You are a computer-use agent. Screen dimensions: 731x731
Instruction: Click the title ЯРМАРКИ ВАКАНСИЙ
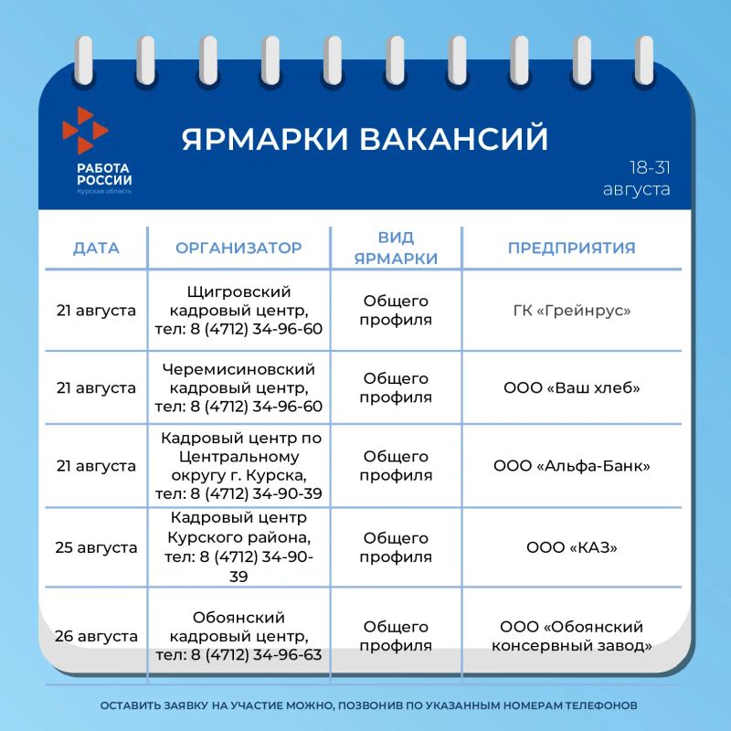click(x=365, y=138)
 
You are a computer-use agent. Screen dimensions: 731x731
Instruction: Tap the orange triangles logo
click(x=85, y=130)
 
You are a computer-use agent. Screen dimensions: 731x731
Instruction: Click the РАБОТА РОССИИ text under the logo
click(x=104, y=174)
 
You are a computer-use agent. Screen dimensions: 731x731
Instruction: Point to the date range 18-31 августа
click(x=637, y=178)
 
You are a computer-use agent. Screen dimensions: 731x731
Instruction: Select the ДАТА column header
click(x=96, y=248)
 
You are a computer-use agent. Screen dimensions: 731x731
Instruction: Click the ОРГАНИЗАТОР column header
click(x=238, y=248)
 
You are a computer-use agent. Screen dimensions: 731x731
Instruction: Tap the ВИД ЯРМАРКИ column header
click(x=396, y=248)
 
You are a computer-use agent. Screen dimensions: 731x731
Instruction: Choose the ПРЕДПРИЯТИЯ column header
click(x=572, y=248)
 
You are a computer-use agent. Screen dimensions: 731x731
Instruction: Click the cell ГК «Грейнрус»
click(x=572, y=311)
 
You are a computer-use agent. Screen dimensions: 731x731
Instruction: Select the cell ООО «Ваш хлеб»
click(x=572, y=387)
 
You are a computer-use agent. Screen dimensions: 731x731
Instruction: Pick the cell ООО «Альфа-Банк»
click(x=572, y=466)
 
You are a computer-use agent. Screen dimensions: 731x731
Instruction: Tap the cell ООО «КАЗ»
click(x=572, y=547)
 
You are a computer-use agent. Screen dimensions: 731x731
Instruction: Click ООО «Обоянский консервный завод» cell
click(x=572, y=636)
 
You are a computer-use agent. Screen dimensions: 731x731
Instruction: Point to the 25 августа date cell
click(x=96, y=547)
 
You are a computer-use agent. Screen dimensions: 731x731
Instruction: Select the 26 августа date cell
click(x=96, y=636)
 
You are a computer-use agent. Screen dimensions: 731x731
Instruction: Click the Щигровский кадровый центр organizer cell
click(x=238, y=311)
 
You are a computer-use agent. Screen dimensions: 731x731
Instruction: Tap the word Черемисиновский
click(x=238, y=369)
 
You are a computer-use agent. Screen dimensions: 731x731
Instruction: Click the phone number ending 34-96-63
click(x=238, y=654)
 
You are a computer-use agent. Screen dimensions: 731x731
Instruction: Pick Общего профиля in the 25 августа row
click(x=396, y=547)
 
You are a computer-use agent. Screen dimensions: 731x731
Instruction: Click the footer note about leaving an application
click(x=369, y=705)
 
